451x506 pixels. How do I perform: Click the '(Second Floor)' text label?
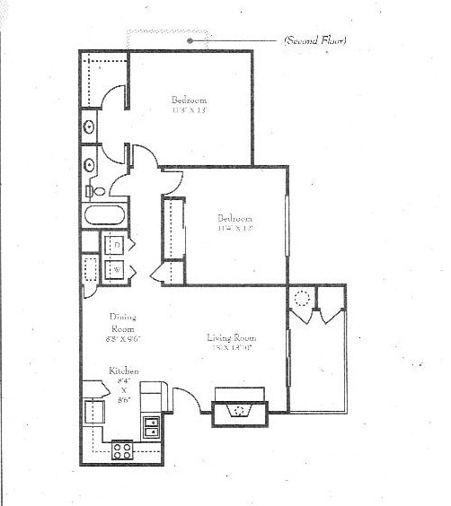pos(314,40)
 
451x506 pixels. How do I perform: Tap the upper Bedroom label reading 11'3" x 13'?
pos(190,104)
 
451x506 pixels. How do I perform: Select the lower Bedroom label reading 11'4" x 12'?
pos(234,222)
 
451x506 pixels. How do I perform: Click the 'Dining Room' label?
pos(123,322)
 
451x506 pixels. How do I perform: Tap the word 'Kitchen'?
pos(123,371)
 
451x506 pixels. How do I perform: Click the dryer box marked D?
pos(117,245)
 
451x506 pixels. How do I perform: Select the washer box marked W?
pos(117,268)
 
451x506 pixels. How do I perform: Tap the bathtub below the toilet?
pos(103,216)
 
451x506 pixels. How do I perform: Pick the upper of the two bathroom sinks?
pos(89,126)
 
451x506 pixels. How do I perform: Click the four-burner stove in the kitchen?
pos(122,450)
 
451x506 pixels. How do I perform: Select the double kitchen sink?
pos(151,426)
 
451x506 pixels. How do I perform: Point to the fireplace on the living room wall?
pos(239,409)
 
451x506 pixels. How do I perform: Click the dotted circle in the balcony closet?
pos(302,299)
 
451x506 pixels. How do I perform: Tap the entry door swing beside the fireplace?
pos(187,400)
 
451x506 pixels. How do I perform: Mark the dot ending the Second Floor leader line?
pos(190,40)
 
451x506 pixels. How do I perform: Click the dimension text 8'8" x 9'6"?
pos(123,339)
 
